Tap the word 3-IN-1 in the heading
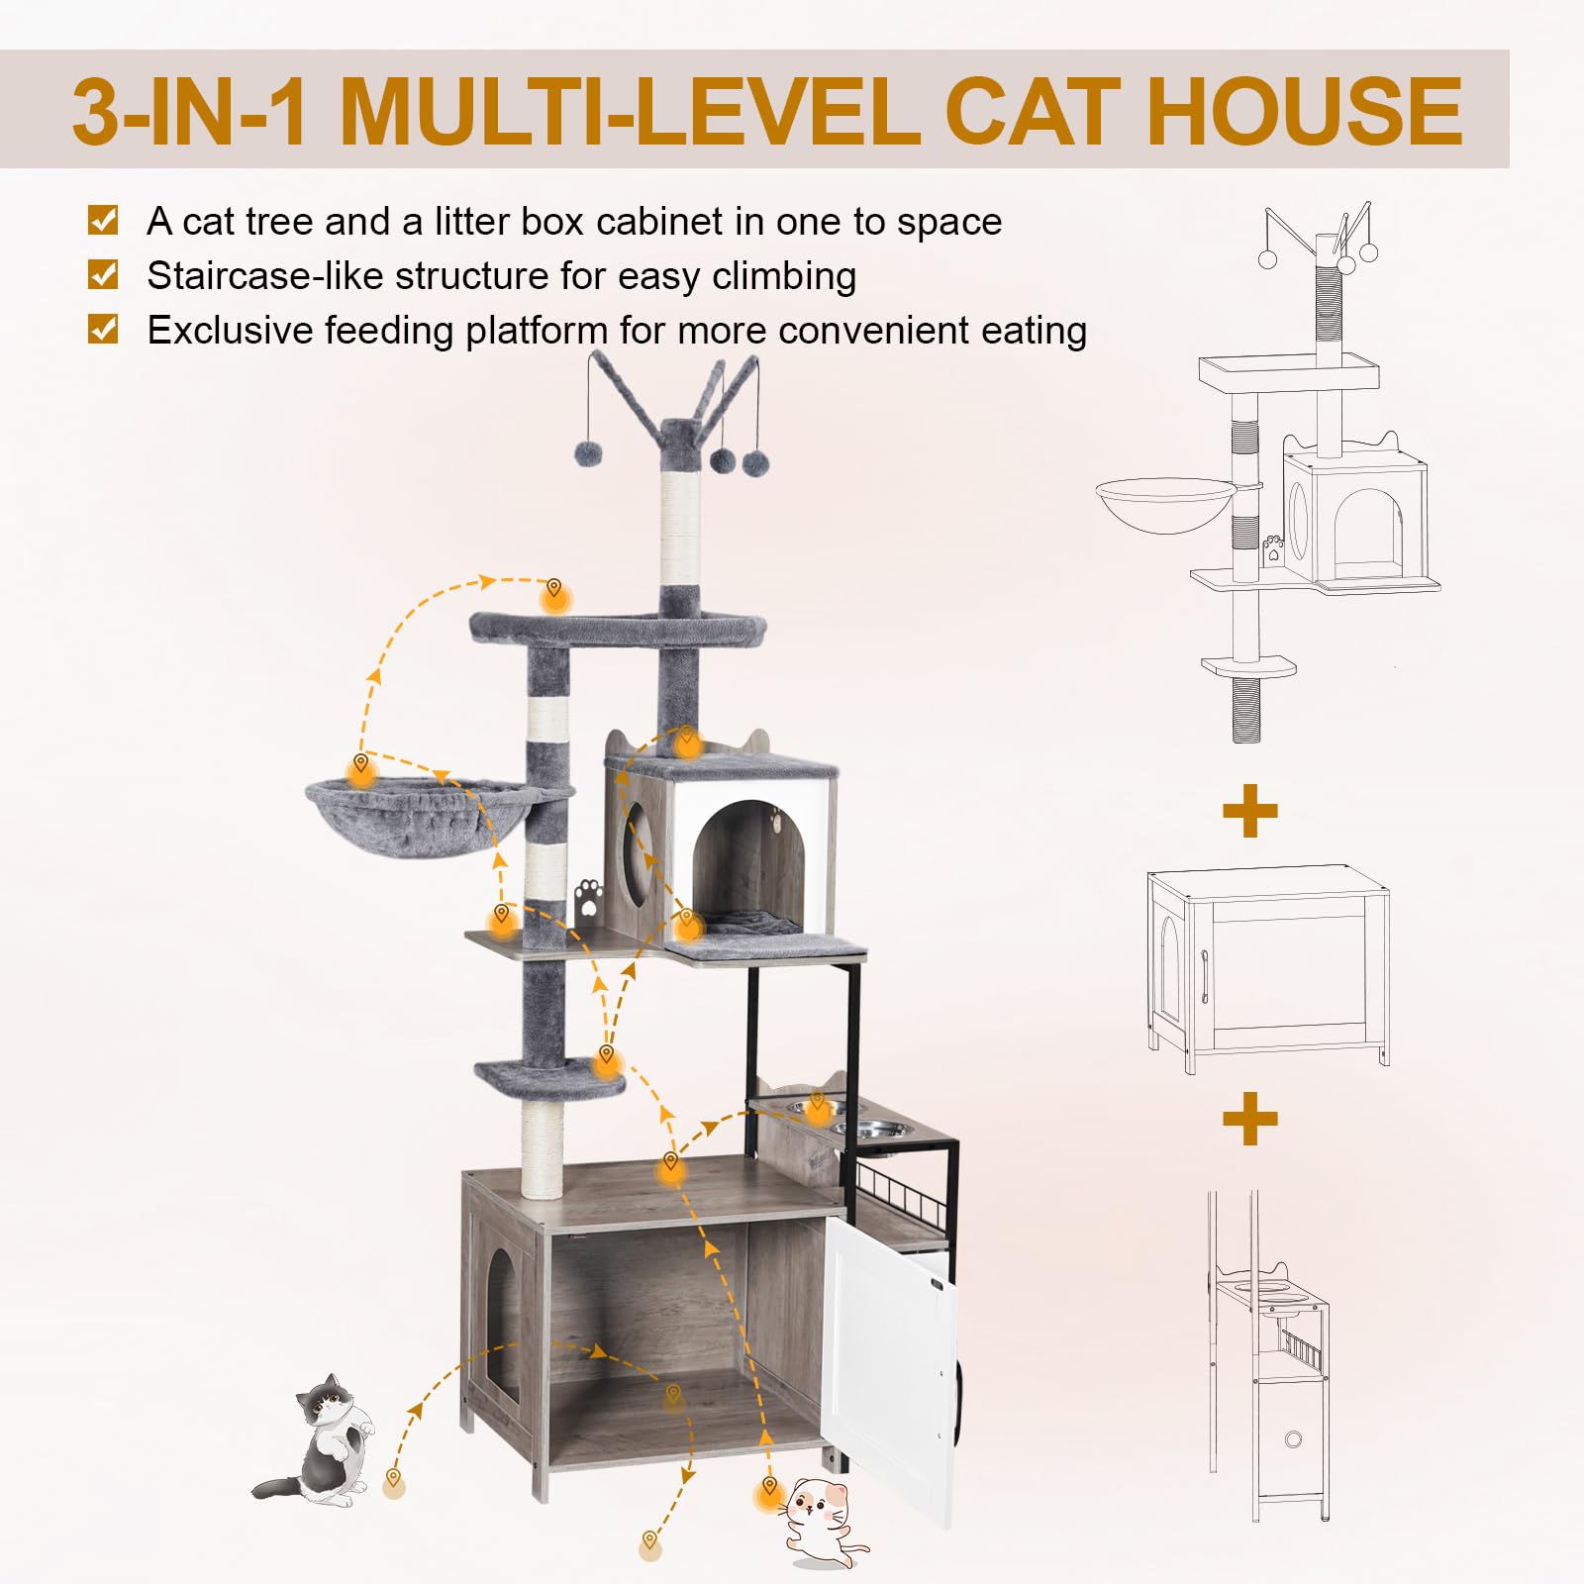(188, 111)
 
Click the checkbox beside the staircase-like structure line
(103, 274)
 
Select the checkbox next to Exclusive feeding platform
(103, 329)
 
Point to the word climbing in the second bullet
(783, 276)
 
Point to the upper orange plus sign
(1250, 812)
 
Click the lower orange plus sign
(1250, 1119)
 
